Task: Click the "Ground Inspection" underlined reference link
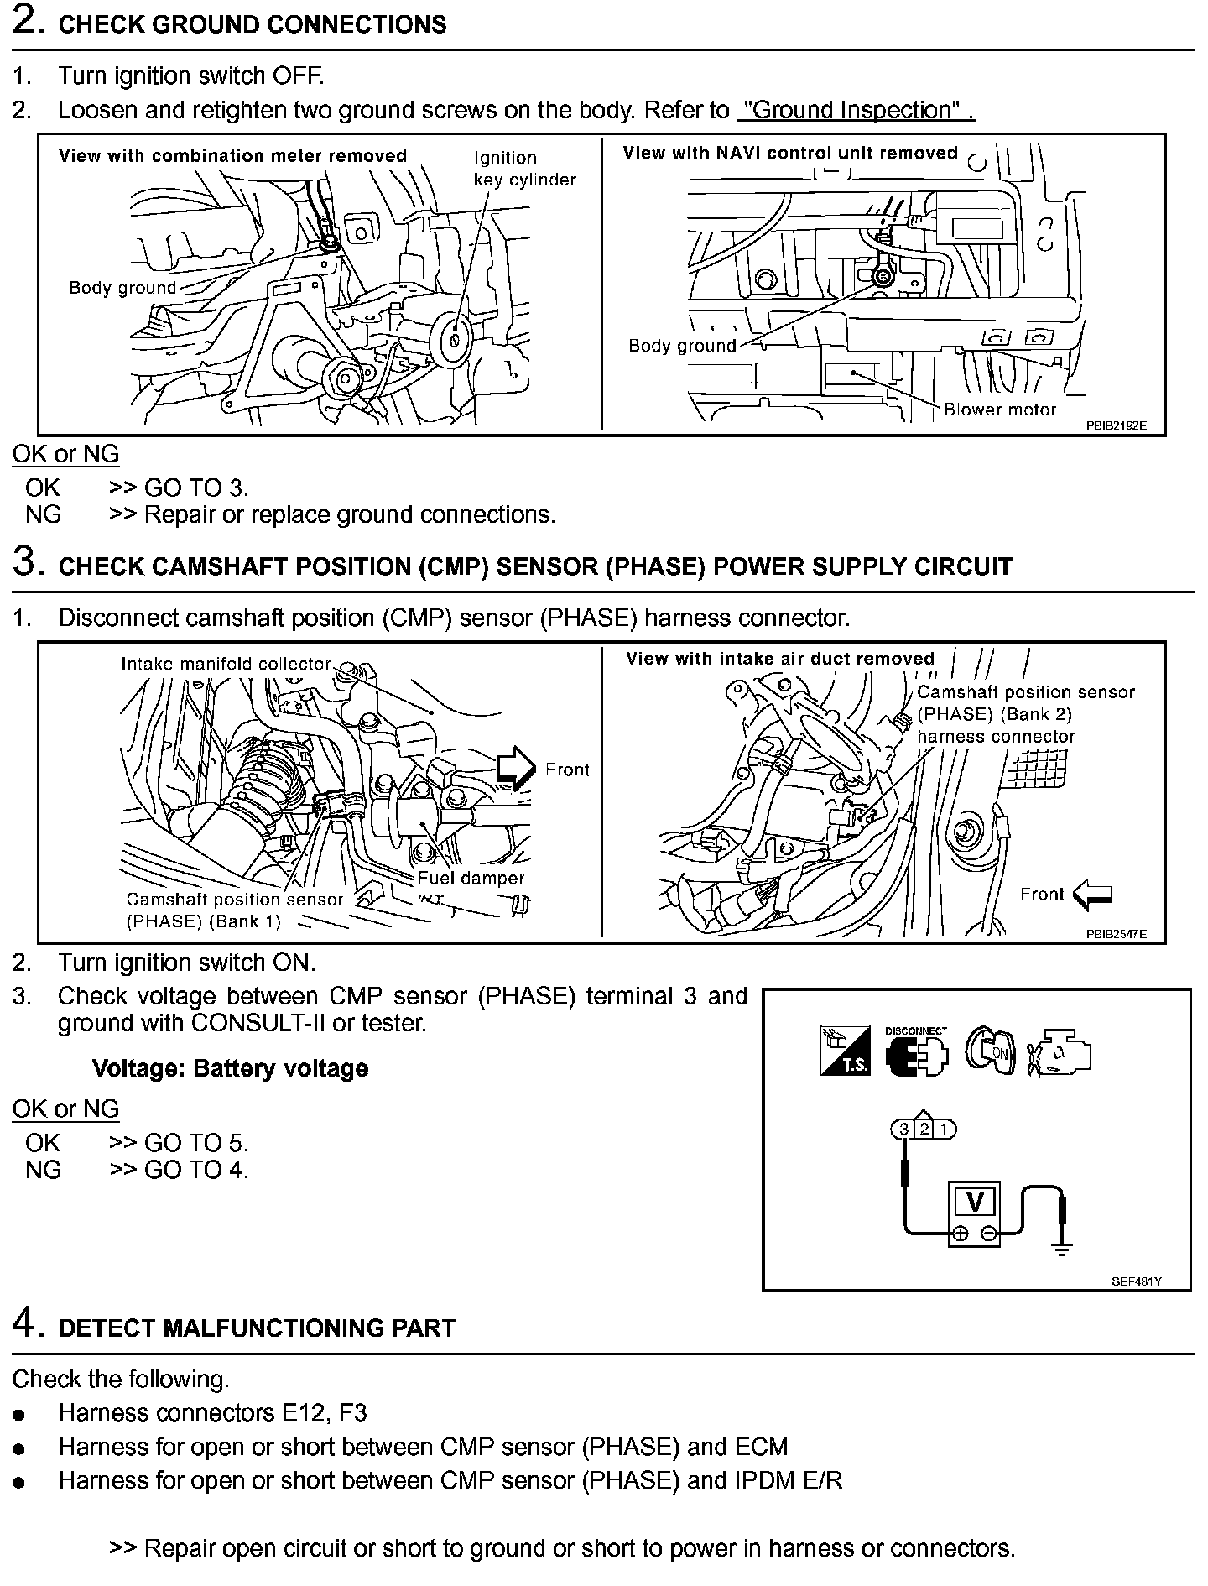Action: point(855,111)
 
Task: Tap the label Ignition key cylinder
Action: point(524,169)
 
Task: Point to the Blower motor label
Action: point(1000,410)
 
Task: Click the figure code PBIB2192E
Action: point(1115,425)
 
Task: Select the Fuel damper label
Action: point(471,878)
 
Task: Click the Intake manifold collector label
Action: point(226,664)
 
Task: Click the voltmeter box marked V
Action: point(975,1203)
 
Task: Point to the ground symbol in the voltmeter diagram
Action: point(1062,1249)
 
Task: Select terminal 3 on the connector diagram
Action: point(904,1130)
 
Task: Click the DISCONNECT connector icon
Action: point(915,1052)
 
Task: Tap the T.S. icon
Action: point(845,1051)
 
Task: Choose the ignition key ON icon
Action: point(990,1051)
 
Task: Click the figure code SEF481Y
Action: point(1137,1281)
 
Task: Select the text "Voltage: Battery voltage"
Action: point(230,1068)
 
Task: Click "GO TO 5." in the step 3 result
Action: point(196,1143)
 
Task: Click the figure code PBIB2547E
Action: point(1115,934)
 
